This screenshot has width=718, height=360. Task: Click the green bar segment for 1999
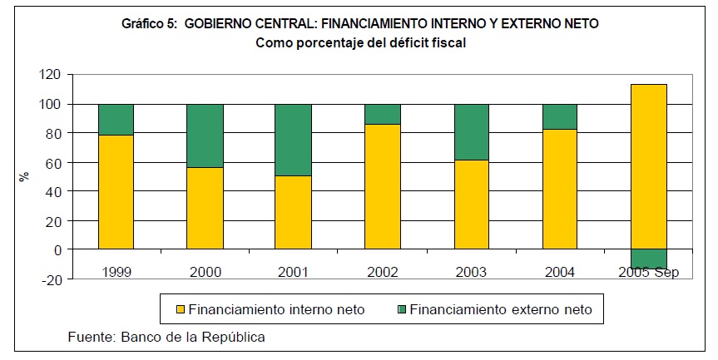pyautogui.click(x=116, y=119)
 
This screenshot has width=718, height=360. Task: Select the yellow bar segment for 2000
pyautogui.click(x=205, y=208)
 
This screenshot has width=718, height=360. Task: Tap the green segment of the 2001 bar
pyautogui.click(x=293, y=140)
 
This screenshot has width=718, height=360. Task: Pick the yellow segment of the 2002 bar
pyautogui.click(x=382, y=186)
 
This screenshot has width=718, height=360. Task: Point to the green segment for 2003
pyautogui.click(x=471, y=131)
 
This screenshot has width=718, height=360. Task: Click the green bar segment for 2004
pyautogui.click(x=559, y=116)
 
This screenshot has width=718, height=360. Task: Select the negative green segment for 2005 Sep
pyautogui.click(x=648, y=259)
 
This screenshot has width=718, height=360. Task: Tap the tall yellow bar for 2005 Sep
pyautogui.click(x=648, y=166)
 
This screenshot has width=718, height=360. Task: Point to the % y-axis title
pyautogui.click(x=24, y=176)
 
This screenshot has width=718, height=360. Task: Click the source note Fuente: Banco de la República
pyautogui.click(x=166, y=337)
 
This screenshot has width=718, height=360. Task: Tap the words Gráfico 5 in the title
pyautogui.click(x=149, y=24)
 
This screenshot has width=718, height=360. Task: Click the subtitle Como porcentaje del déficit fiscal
pyautogui.click(x=359, y=42)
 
